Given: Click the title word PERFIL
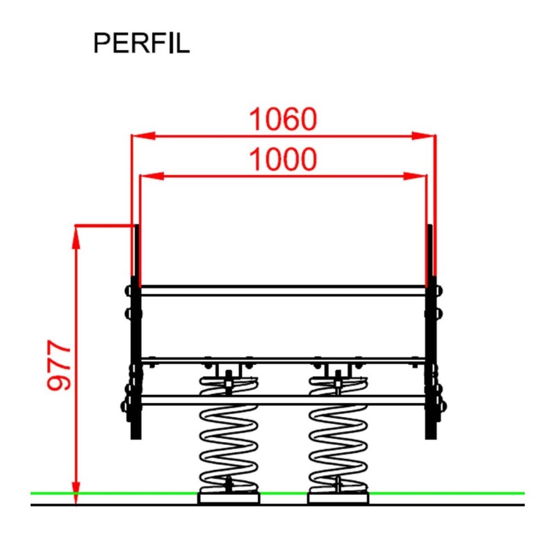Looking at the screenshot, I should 141,43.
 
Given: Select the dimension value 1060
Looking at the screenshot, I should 283,120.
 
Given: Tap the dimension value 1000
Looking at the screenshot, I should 283,161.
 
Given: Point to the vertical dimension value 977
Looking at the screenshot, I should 60,366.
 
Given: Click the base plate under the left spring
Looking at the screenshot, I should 228,497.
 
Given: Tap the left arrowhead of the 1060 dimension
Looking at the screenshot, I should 139,136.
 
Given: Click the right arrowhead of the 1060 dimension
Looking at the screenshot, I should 428,136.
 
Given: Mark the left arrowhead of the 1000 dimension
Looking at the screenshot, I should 147,177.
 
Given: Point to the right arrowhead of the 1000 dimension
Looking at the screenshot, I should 419,177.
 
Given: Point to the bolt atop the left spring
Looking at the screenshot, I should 228,377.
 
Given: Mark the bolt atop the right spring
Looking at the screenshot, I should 338,377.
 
